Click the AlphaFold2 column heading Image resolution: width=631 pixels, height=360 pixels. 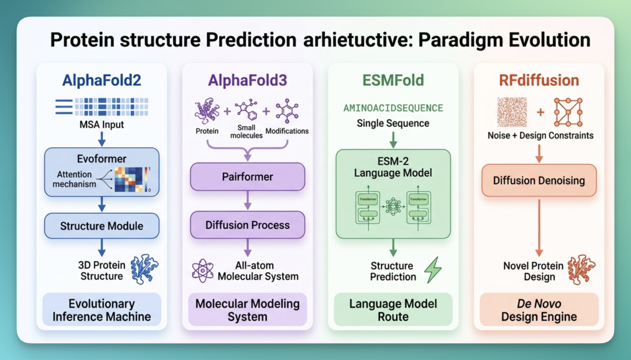(x=102, y=80)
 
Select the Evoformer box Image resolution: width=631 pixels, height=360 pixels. (x=102, y=172)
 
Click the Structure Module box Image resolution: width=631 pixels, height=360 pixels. (x=102, y=226)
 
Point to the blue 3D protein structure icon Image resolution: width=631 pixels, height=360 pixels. (x=144, y=269)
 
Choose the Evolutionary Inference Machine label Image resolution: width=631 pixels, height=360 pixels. (x=102, y=310)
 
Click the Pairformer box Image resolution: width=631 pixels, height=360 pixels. (x=248, y=176)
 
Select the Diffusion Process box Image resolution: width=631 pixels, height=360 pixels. (x=248, y=225)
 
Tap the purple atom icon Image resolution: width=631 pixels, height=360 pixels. (x=203, y=270)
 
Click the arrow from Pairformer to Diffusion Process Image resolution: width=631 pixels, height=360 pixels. (x=248, y=200)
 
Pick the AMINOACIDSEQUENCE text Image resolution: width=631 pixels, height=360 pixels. (x=393, y=108)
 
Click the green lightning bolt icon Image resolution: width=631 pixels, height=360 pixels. (x=433, y=270)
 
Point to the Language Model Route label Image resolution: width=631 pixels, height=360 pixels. (x=393, y=310)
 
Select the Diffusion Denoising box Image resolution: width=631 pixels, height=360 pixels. (x=539, y=181)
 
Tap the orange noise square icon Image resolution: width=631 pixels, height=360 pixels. (x=512, y=112)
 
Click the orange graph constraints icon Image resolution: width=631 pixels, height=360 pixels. (x=568, y=112)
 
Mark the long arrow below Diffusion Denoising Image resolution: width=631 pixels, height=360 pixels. (x=539, y=227)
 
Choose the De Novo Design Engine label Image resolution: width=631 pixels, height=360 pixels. (x=539, y=310)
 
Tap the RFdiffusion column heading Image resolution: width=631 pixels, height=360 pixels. (x=539, y=80)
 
